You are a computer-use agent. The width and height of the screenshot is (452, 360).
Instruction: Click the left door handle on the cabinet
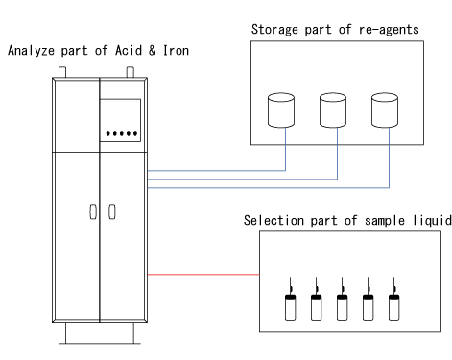pyautogui.click(x=92, y=211)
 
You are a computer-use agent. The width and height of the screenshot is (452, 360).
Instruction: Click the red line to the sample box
pyautogui.click(x=202, y=276)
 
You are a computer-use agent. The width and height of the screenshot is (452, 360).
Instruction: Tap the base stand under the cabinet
pyautogui.click(x=100, y=336)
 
